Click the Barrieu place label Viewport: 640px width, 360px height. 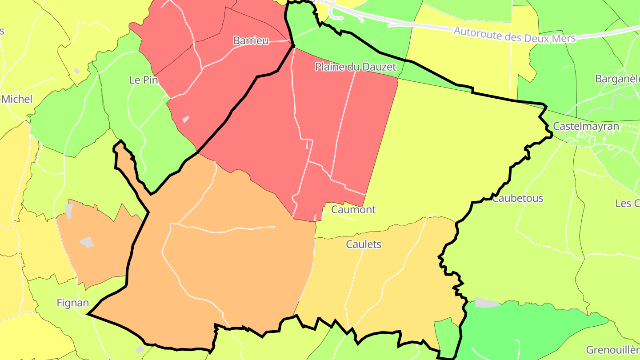[x=251, y=40]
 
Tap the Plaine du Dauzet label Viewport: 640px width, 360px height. [x=355, y=67]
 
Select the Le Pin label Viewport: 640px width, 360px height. [x=144, y=80]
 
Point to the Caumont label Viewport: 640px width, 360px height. [x=353, y=209]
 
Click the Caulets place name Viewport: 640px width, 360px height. [x=364, y=244]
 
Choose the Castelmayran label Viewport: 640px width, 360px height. [x=586, y=127]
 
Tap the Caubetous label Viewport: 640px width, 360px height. [x=517, y=198]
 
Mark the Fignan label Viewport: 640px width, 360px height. [x=72, y=303]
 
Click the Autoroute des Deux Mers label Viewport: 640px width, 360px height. [x=514, y=35]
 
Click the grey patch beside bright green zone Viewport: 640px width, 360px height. [x=487, y=303]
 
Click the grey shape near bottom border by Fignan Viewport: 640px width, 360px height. [x=140, y=349]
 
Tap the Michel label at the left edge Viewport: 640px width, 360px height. [x=17, y=99]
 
